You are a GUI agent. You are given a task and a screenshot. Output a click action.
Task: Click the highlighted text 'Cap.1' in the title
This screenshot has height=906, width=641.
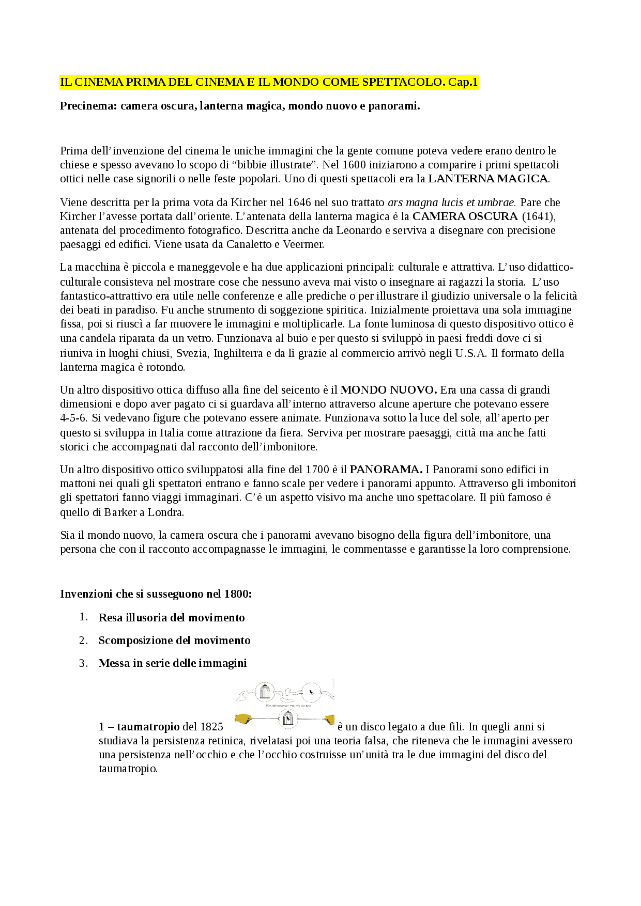point(463,82)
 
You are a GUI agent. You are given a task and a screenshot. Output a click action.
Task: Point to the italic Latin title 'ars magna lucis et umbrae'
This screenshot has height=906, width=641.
point(451,202)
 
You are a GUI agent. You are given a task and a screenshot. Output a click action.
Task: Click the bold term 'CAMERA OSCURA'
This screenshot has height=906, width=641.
point(465,216)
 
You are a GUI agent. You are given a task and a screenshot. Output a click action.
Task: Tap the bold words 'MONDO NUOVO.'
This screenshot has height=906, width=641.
point(389,390)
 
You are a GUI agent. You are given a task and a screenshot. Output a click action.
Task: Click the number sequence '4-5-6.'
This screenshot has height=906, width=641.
point(73,418)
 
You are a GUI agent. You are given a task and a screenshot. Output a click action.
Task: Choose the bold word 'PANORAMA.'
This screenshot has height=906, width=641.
point(386,470)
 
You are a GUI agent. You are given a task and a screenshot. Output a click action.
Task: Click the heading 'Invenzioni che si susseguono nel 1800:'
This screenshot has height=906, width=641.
point(156,594)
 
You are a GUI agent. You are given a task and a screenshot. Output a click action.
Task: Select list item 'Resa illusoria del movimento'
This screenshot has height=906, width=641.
point(172,618)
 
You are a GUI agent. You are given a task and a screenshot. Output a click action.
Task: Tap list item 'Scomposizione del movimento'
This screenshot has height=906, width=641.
point(174,641)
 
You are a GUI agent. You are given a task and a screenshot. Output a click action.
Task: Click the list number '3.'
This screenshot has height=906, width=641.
point(83,663)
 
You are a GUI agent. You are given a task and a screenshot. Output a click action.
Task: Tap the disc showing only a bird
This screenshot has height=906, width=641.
point(311,691)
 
